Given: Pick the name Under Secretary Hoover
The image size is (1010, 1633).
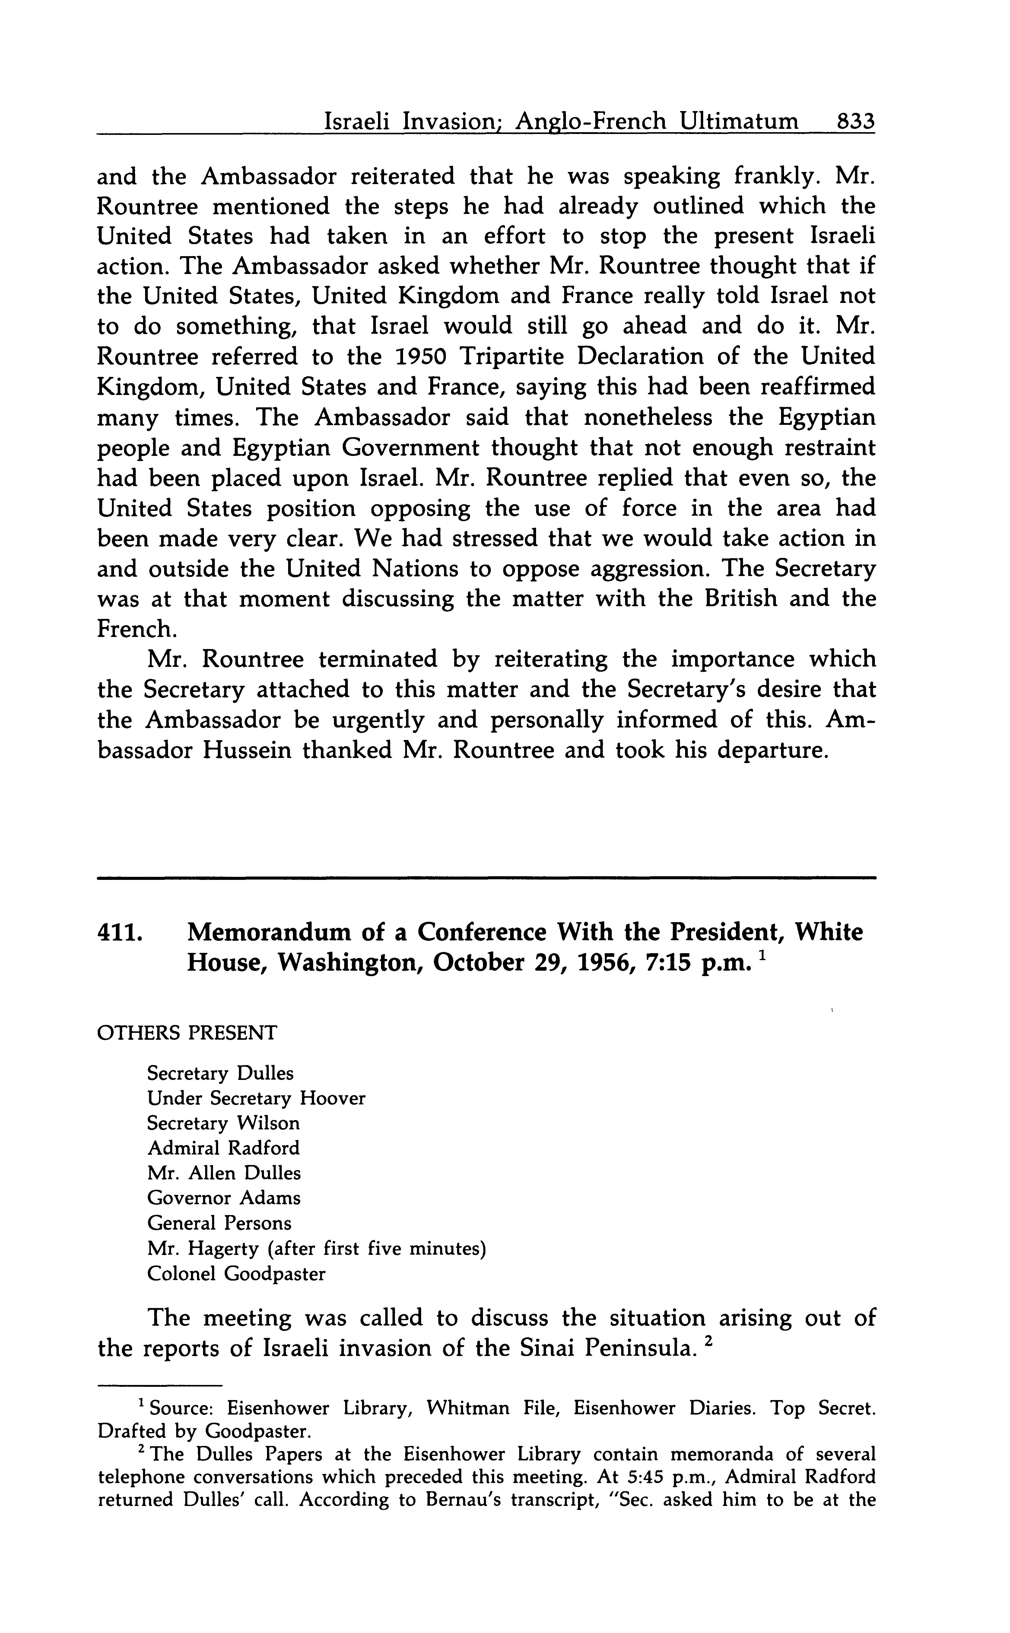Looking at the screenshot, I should pyautogui.click(x=256, y=1098).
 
